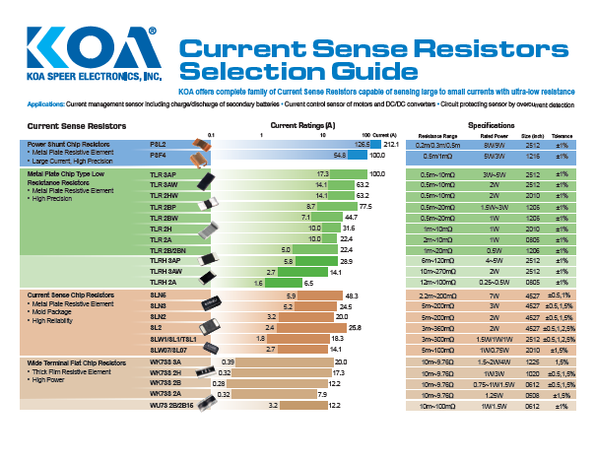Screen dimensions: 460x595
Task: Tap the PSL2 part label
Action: (x=158, y=144)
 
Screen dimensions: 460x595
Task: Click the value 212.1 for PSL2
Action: (x=389, y=144)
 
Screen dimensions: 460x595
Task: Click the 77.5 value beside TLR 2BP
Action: (x=365, y=208)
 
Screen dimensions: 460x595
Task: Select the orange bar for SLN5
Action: (x=315, y=306)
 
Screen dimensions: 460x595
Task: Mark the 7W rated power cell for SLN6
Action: (x=492, y=296)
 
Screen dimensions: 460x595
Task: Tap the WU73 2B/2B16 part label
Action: (x=171, y=405)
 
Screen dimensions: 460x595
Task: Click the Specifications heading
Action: (x=492, y=125)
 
